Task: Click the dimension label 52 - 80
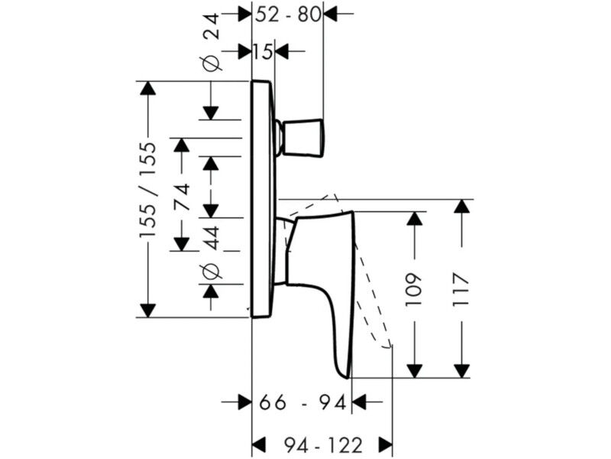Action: point(289,15)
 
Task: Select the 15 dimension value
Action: point(263,51)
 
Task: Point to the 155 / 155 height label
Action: point(148,190)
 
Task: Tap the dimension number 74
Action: point(182,197)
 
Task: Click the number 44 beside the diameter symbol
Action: point(212,238)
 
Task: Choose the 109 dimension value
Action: point(414,290)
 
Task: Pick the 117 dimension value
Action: point(461,290)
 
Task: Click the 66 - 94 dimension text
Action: point(302,402)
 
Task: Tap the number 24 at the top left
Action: point(212,26)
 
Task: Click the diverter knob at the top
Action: point(301,138)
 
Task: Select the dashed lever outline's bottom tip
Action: point(388,347)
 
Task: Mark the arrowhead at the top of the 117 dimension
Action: point(461,206)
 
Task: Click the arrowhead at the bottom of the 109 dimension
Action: point(414,371)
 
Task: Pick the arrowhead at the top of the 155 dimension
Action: point(147,88)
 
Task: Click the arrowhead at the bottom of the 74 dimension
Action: point(182,244)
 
